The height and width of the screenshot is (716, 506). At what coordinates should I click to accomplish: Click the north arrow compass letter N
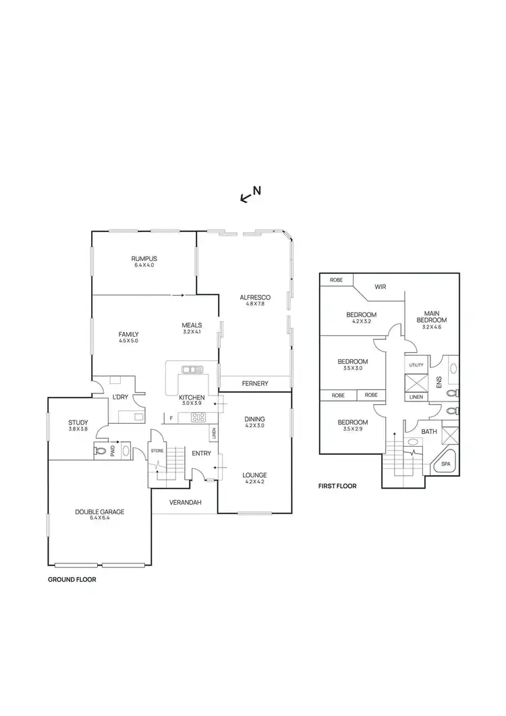(257, 190)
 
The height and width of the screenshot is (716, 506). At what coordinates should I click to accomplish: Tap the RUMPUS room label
(144, 258)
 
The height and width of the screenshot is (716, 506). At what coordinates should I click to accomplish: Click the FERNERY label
(254, 383)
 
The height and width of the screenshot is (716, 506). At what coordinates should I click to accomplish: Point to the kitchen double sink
(192, 369)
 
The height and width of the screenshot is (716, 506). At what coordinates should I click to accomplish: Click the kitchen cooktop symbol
(198, 416)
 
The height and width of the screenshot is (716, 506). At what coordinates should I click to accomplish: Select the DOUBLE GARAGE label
(99, 512)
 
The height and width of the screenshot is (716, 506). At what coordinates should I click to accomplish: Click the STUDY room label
(78, 422)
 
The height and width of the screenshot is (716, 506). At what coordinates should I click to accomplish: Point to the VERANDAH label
(184, 501)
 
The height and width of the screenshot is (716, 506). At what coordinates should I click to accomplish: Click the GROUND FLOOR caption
(72, 580)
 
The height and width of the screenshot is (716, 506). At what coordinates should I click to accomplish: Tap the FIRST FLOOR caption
(337, 485)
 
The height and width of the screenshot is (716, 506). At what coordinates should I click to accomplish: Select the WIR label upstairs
(381, 285)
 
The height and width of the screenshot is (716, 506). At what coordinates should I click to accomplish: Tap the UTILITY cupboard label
(416, 364)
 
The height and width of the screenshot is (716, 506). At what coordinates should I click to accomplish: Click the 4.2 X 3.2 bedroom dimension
(361, 322)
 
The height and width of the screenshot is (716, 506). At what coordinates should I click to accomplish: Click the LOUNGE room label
(254, 475)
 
